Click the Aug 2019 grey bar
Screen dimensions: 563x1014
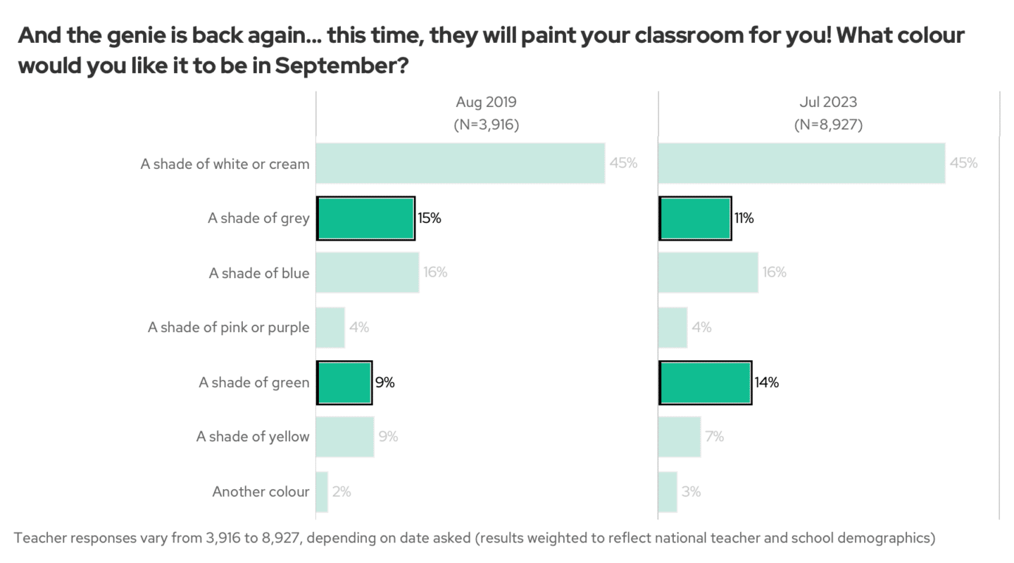tap(365, 218)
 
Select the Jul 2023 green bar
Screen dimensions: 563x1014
tap(705, 383)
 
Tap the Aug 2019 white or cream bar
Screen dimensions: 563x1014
tap(460, 163)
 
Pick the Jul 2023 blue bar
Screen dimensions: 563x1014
tap(708, 272)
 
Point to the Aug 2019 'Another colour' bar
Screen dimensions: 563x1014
tap(322, 492)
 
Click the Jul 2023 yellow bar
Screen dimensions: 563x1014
tap(680, 437)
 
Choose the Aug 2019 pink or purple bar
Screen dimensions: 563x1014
tap(330, 327)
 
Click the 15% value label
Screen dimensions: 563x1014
tap(430, 218)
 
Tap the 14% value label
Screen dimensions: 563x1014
tap(767, 383)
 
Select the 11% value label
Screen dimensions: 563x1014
tap(744, 218)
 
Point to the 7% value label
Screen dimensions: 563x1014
tap(715, 437)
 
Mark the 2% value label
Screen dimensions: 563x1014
tap(342, 492)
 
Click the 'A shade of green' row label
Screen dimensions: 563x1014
tap(254, 383)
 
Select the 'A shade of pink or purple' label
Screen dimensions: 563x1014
tap(228, 327)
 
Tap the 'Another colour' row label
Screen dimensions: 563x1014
tap(261, 492)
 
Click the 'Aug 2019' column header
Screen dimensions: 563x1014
tap(486, 103)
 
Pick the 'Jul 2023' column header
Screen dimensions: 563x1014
tap(828, 103)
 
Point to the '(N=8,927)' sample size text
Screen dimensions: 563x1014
tap(828, 125)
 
